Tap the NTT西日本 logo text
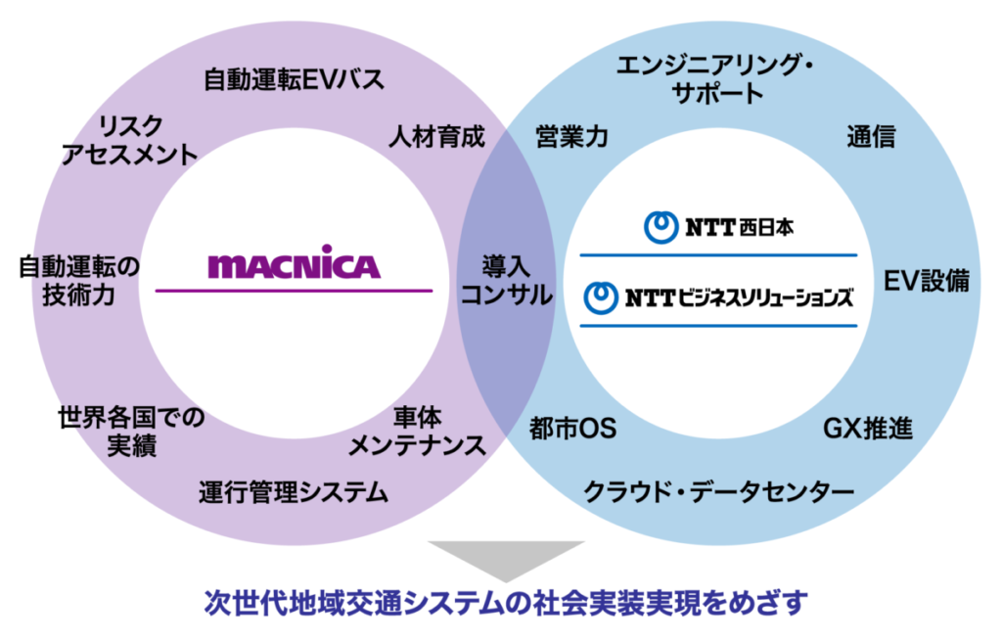point(718,227)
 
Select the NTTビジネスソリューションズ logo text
point(718,297)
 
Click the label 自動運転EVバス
point(294,80)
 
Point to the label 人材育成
point(437,136)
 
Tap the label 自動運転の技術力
point(78,280)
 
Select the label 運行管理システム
point(294,492)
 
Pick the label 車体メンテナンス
point(417,431)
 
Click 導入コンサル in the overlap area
point(506,280)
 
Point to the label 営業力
point(571,136)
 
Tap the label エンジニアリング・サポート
point(714,79)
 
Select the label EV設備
point(927,281)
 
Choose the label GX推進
point(868,429)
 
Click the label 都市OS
point(573,429)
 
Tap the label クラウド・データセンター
point(719,491)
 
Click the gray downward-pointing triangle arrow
point(506,558)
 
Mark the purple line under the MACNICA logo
point(294,291)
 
